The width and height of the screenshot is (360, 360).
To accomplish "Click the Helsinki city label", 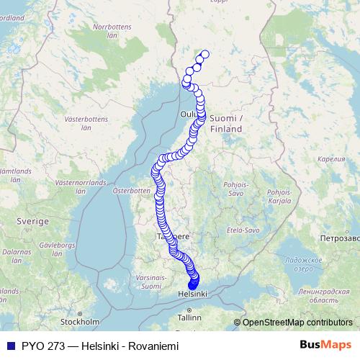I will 193,294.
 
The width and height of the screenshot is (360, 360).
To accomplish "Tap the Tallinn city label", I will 191,317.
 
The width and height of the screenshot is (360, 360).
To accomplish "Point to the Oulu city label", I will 189,114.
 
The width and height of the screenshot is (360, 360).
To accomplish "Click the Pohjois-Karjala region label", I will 279,197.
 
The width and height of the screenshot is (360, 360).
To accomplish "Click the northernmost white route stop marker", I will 204,54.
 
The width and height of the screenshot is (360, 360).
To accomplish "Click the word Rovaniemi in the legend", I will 153,346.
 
